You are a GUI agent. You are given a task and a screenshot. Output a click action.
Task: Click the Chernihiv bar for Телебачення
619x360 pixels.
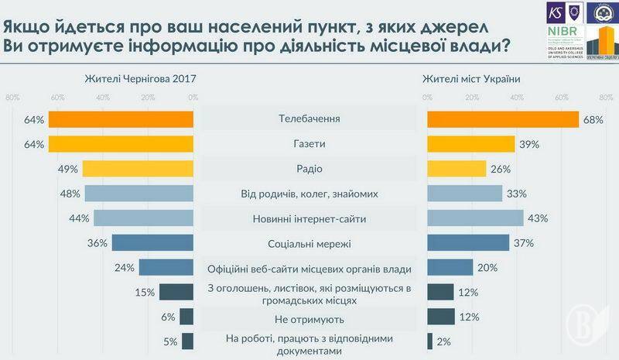121,119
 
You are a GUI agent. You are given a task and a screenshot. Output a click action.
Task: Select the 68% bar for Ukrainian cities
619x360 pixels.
503,119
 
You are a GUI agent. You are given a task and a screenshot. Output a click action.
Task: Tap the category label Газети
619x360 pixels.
309,144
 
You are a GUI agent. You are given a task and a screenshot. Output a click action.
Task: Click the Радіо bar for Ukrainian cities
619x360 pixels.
457,169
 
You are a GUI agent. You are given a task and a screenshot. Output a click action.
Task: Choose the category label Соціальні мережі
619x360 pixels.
309,244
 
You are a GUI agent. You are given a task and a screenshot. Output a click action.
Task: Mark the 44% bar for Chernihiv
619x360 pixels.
143,218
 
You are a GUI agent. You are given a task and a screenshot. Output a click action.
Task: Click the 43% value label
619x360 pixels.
537,218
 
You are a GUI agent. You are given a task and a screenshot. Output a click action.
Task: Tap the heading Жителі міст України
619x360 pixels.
471,78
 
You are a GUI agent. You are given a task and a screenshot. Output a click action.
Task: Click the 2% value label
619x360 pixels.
444,341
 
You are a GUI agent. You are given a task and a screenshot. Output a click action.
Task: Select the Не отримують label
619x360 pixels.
309,318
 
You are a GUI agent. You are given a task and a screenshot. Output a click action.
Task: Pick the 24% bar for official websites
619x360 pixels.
166,268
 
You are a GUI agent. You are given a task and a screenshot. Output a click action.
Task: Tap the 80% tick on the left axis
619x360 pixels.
12,97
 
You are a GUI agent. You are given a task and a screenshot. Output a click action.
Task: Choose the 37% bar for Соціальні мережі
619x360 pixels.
468,243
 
